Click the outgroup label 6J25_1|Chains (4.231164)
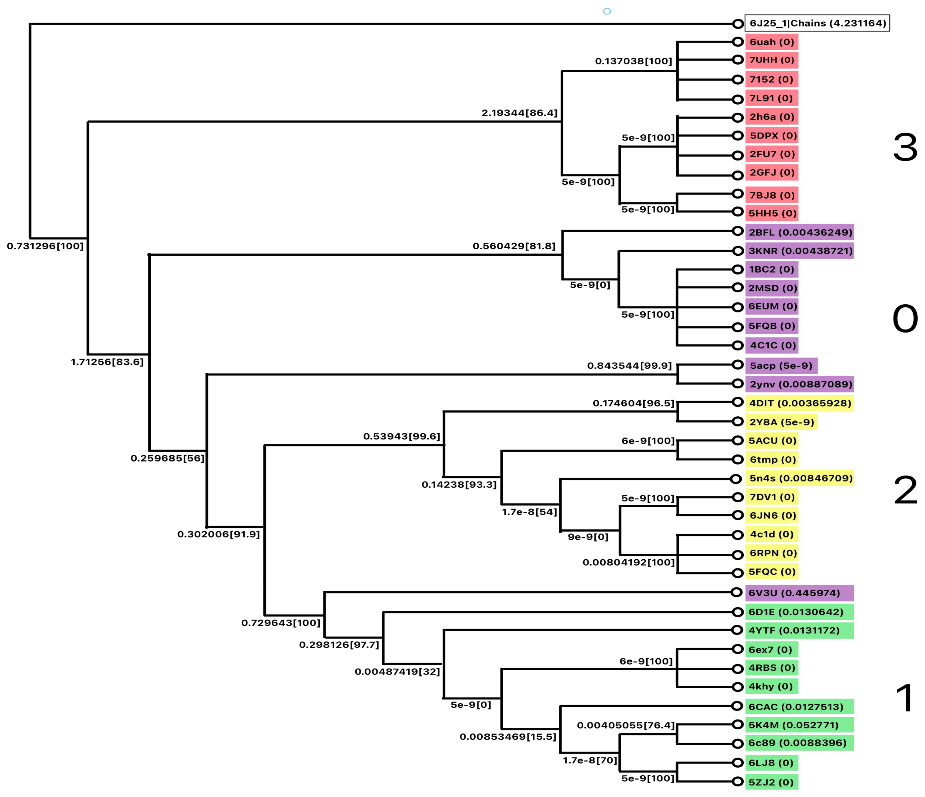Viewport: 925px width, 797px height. pos(817,23)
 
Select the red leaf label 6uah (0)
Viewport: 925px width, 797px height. pos(771,42)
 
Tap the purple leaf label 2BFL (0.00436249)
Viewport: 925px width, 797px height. pos(799,232)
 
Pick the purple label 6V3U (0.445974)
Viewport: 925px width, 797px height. pos(799,593)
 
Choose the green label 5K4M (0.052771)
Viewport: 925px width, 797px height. pos(799,725)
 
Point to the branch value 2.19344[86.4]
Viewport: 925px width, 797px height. pos(519,113)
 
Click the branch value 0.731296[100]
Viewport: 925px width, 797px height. pos(45,246)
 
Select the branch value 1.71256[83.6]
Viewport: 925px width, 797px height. pos(107,362)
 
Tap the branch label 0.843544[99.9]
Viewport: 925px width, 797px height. pos(629,366)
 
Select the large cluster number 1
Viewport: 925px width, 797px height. pos(905,699)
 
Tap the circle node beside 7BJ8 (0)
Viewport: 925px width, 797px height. pos(737,194)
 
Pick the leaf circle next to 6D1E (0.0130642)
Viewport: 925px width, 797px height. pos(737,612)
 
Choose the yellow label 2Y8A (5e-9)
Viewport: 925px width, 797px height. pos(781,422)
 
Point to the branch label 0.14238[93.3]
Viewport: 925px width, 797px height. pos(459,484)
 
